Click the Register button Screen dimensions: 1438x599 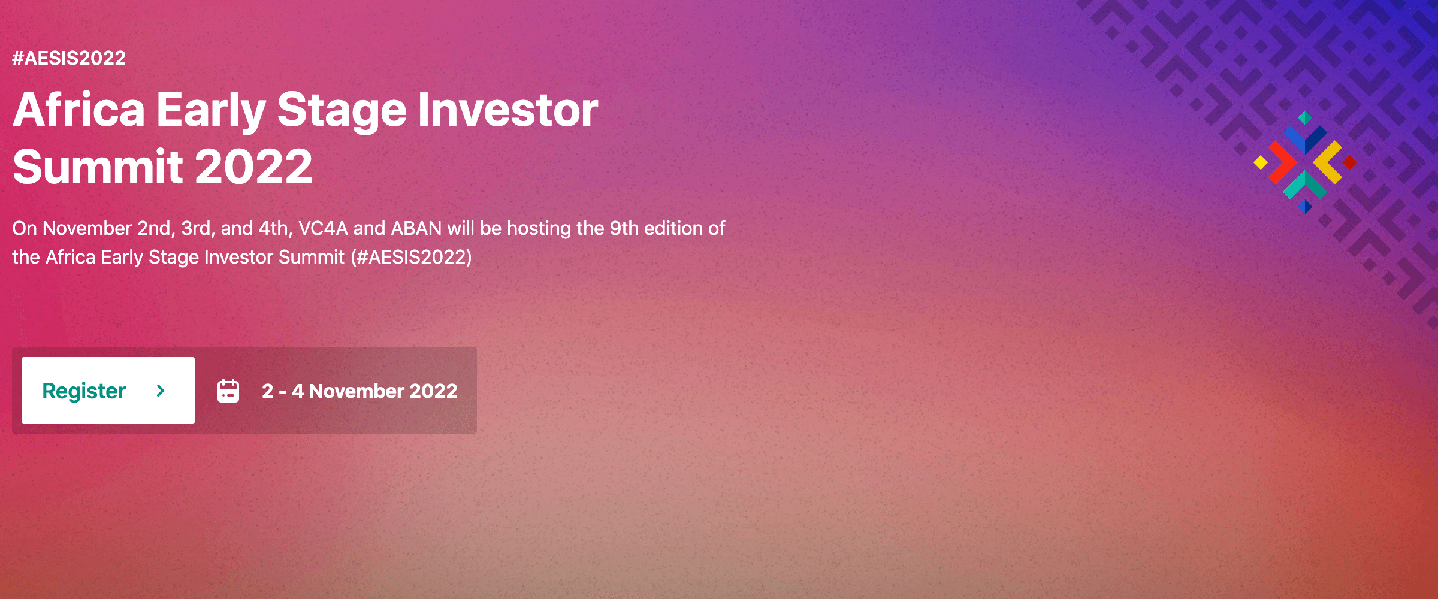point(108,391)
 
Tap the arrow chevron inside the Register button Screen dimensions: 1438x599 point(161,391)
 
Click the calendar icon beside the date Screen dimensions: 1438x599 point(228,391)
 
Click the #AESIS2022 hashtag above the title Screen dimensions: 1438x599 point(69,58)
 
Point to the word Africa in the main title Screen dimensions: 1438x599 point(79,110)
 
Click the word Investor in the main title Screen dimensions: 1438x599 point(508,110)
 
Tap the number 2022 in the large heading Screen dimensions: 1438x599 point(253,167)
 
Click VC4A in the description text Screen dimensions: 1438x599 point(324,228)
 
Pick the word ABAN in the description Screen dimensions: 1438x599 point(416,228)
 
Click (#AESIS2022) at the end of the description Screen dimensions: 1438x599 point(412,257)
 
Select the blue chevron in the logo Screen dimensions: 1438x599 point(1305,139)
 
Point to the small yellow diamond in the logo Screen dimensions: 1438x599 point(1261,162)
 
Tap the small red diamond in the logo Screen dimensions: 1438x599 point(1349,162)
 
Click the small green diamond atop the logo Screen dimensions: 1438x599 point(1305,117)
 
